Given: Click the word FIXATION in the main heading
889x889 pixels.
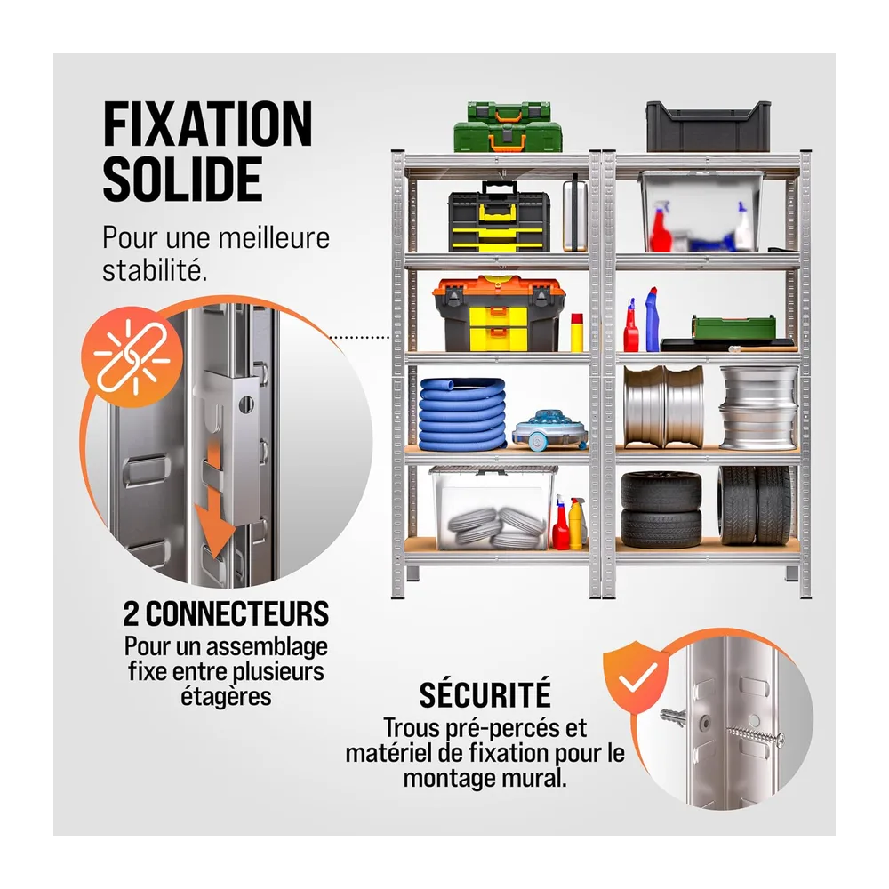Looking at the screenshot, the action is pyautogui.click(x=207, y=124).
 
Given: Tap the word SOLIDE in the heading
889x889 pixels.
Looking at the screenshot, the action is pyautogui.click(x=182, y=179).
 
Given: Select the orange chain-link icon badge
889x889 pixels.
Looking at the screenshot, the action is pyautogui.click(x=132, y=357).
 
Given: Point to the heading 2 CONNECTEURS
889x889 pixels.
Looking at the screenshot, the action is pyautogui.click(x=226, y=613).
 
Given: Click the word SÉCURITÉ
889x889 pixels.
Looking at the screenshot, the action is pyautogui.click(x=485, y=694).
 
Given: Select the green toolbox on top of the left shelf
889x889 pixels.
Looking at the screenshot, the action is pyautogui.click(x=508, y=127).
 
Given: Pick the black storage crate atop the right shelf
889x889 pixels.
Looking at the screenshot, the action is pyautogui.click(x=709, y=126).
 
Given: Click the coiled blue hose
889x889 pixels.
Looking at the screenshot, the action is pyautogui.click(x=462, y=412).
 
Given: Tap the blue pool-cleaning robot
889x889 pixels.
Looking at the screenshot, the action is pyautogui.click(x=549, y=429).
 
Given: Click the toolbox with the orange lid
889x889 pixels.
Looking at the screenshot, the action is pyautogui.click(x=499, y=314).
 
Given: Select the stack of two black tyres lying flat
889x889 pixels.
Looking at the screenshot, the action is pyautogui.click(x=661, y=509).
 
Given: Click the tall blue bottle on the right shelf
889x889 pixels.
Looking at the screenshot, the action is pyautogui.click(x=652, y=319).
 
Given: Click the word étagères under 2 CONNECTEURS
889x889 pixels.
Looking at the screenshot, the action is pyautogui.click(x=226, y=696).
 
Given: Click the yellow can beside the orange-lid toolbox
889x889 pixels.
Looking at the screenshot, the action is pyautogui.click(x=577, y=332).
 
